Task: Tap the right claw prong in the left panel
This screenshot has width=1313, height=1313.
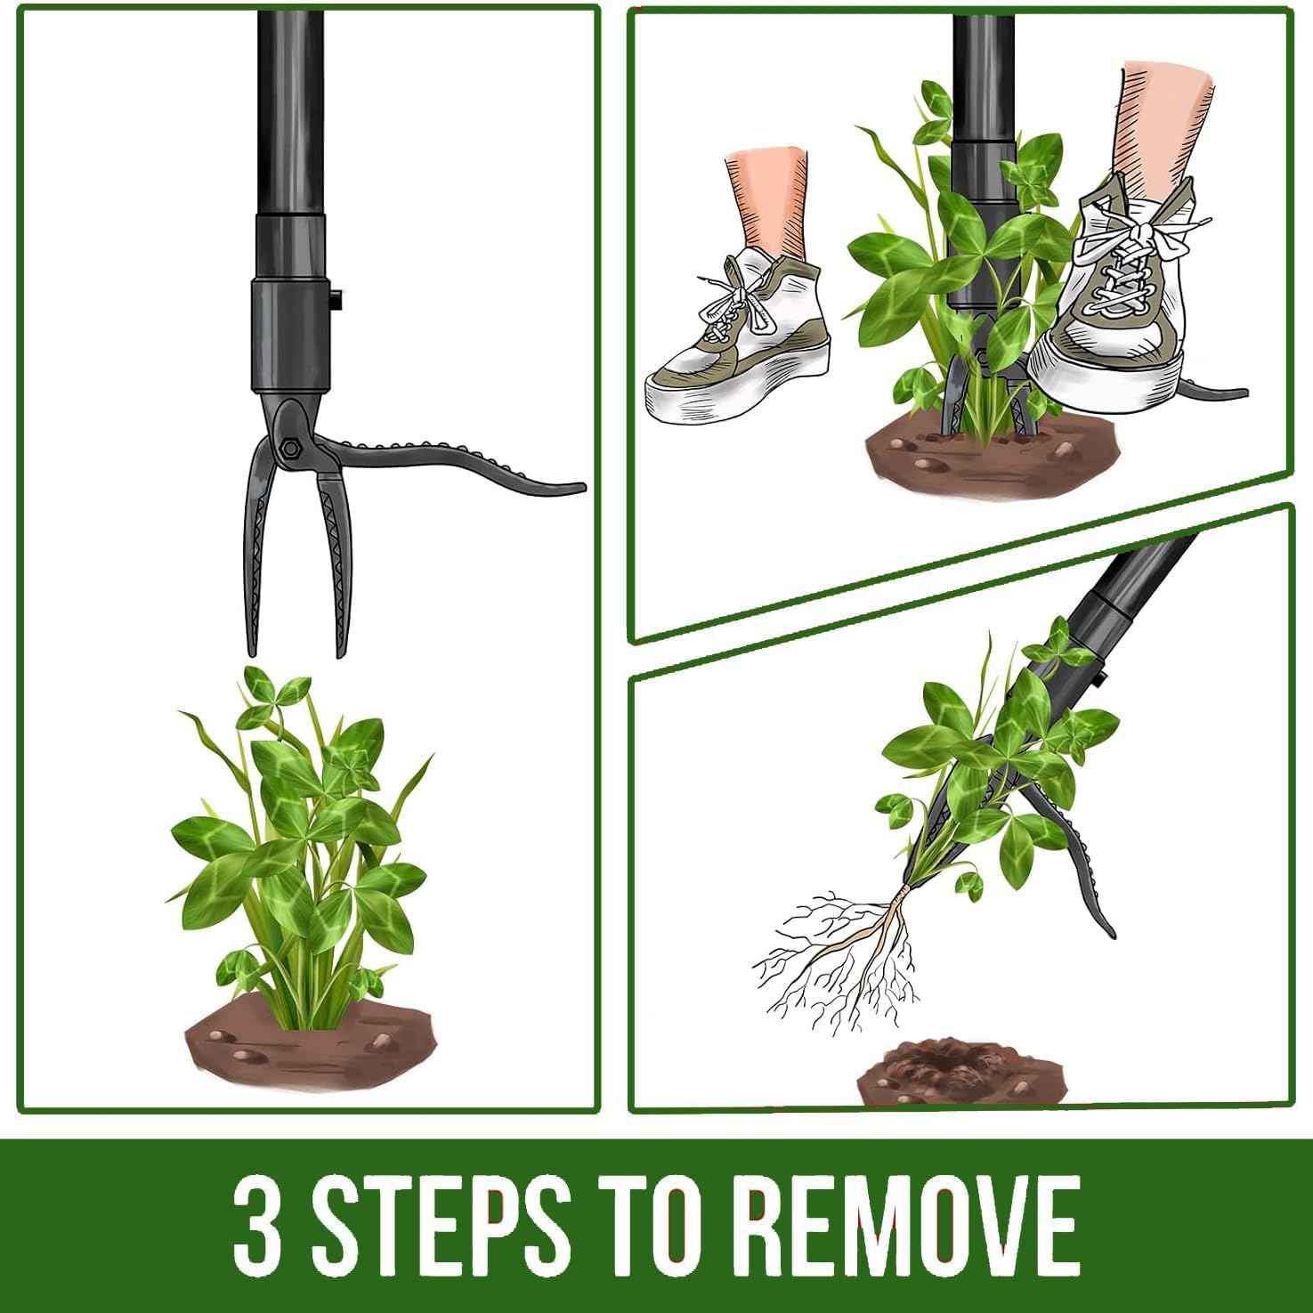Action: pyautogui.click(x=337, y=561)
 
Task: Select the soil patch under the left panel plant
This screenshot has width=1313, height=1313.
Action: pyautogui.click(x=312, y=1050)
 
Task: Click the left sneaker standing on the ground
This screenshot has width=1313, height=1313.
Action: pyautogui.click(x=739, y=347)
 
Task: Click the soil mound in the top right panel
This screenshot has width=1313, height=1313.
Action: pyautogui.click(x=988, y=454)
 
